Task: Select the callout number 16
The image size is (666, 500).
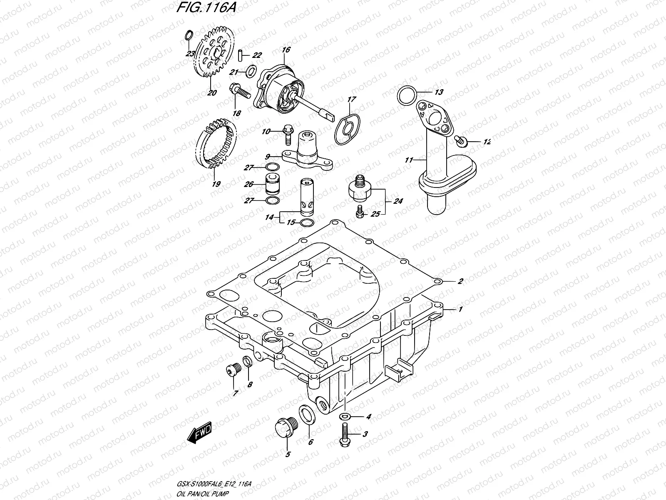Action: [286, 50]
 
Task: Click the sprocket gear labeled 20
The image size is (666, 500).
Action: [212, 58]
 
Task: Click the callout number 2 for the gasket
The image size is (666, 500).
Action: [460, 281]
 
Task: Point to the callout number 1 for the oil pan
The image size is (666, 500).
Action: [460, 309]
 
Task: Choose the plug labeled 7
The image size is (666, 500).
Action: [231, 370]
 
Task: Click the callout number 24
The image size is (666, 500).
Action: [398, 201]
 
